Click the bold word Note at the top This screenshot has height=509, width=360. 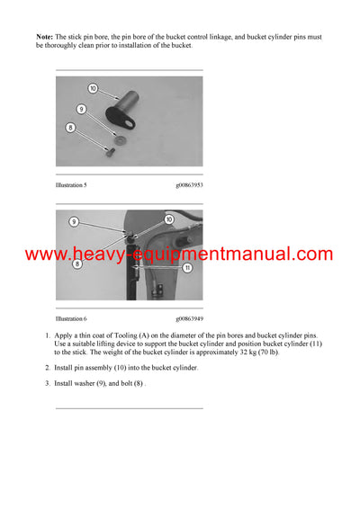44,36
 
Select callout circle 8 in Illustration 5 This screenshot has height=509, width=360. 72,129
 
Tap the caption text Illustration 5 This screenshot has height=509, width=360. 71,184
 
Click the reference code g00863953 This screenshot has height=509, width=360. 189,184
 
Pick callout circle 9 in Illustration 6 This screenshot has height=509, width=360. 74,221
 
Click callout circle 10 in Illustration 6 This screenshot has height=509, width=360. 168,219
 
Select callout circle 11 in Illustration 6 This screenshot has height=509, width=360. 186,267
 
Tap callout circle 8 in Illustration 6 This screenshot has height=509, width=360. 77,265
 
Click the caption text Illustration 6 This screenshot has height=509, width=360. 71,318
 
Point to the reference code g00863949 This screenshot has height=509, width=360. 189,318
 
